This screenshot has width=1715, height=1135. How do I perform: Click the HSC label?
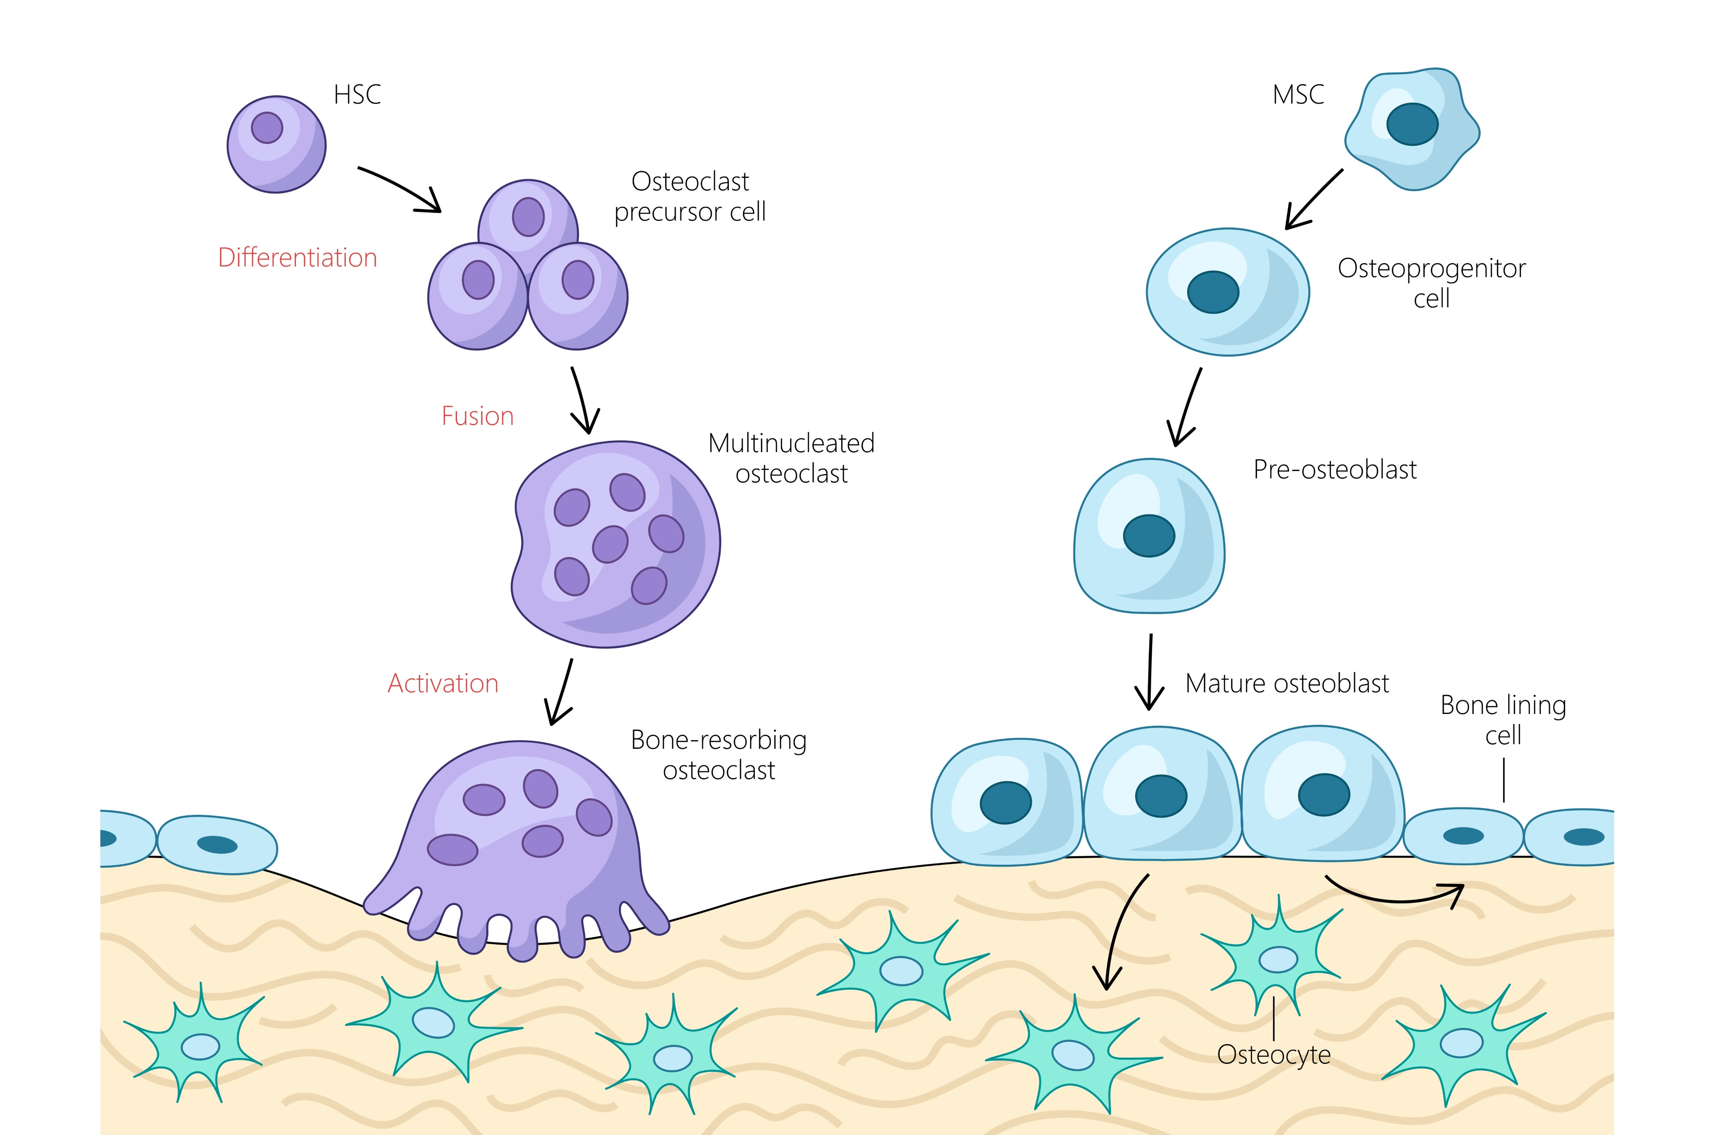coord(357,95)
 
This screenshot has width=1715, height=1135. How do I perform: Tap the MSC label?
coord(1298,95)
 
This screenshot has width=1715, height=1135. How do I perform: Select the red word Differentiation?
coord(298,258)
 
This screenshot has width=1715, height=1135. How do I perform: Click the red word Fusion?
coord(477,416)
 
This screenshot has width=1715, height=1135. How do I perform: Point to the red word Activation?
coord(443,683)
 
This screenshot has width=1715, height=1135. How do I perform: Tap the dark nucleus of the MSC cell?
coord(1412,124)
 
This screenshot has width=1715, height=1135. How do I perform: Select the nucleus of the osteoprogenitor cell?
coord(1213,292)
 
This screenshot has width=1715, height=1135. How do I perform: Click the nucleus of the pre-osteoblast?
coord(1149,535)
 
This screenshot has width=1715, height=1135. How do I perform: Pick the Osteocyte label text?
coord(1274,1054)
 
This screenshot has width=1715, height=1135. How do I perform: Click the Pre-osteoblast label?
coord(1334,470)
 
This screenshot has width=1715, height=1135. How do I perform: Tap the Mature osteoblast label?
coord(1286,683)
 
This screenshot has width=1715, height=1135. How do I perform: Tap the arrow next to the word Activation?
coord(561,691)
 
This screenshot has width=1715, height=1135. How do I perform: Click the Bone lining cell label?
coord(1503,720)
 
